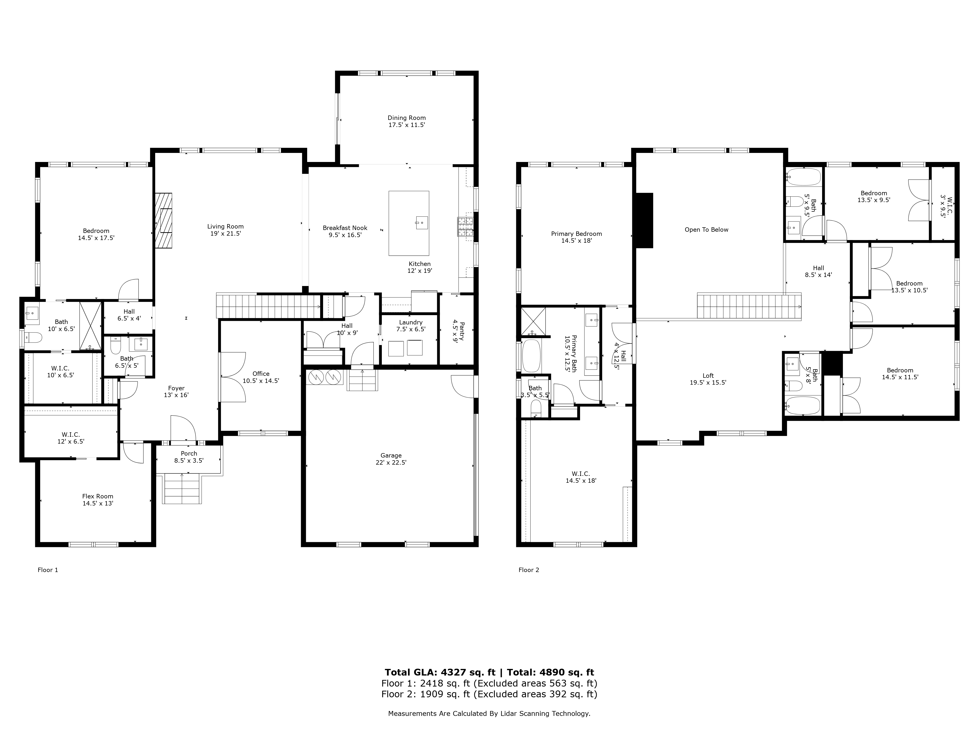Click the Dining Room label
[406, 118]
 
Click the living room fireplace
[164, 220]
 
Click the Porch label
[189, 454]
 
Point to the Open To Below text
[706, 230]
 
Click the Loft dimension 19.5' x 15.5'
[708, 383]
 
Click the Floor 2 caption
[529, 570]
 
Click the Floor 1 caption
[48, 570]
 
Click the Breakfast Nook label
[345, 228]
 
